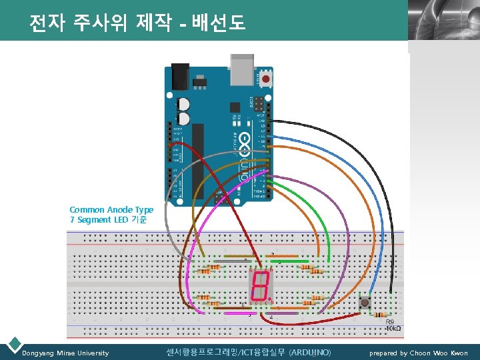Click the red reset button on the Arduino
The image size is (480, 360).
point(267,79)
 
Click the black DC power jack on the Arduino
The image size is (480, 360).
point(180,76)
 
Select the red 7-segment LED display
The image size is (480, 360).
point(259,285)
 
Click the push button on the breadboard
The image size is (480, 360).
point(365,303)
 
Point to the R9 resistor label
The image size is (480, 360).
point(391,321)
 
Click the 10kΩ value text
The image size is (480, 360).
point(394,329)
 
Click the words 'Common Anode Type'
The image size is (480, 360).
point(111,209)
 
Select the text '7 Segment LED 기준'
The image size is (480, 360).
point(108,219)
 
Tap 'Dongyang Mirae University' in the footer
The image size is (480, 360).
point(65,353)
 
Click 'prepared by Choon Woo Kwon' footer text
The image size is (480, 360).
point(419,353)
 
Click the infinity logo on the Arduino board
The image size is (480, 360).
point(244,141)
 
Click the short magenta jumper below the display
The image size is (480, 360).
point(283,311)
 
